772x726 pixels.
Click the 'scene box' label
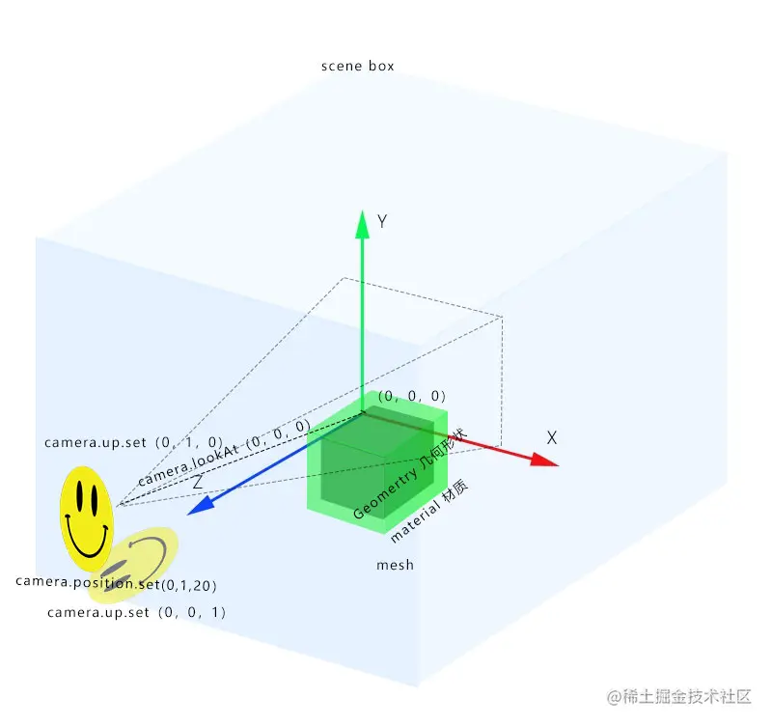click(357, 67)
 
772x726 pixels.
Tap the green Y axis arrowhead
click(363, 224)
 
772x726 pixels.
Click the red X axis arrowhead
click(546, 461)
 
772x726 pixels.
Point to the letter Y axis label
click(382, 222)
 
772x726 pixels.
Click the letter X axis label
click(552, 437)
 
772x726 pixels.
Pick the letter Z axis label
click(197, 481)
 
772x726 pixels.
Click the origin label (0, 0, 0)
click(412, 396)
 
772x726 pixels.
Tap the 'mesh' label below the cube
click(395, 565)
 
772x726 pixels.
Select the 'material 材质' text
click(429, 512)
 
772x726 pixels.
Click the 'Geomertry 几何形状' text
click(410, 474)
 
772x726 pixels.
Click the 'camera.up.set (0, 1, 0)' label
click(134, 442)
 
